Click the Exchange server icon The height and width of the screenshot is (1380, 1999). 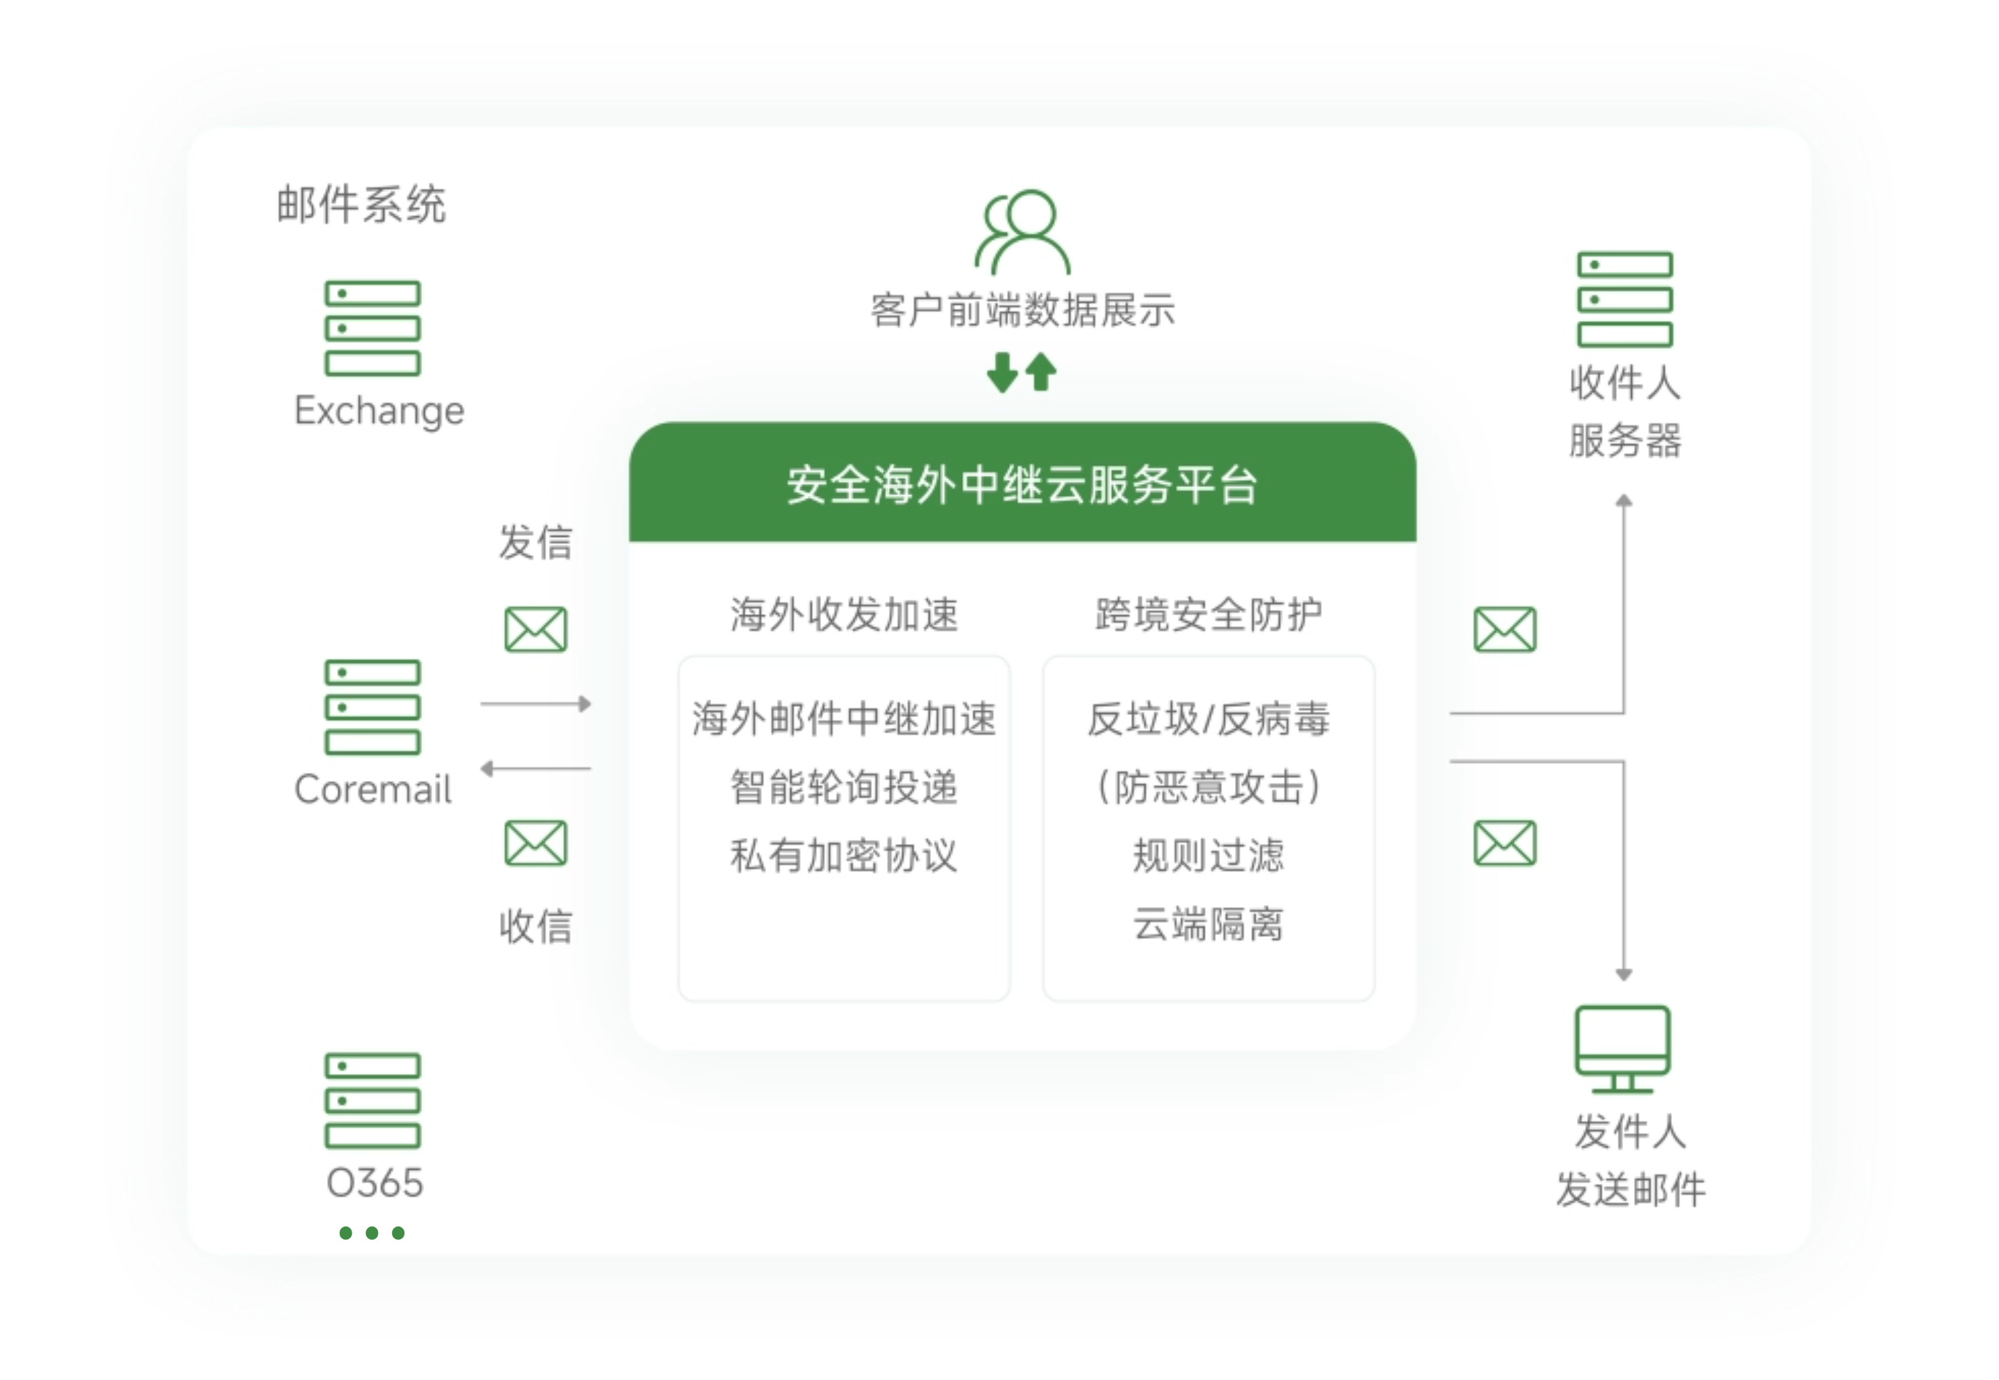coord(372,328)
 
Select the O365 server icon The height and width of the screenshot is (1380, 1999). coord(372,1100)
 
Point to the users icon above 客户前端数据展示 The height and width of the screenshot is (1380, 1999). coord(1022,232)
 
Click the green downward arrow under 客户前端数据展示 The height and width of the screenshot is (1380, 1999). coord(1002,372)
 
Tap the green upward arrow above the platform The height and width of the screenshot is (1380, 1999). coord(1041,372)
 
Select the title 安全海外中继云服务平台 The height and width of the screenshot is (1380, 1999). coord(1022,484)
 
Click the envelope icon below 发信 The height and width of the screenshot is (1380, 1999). coord(535,630)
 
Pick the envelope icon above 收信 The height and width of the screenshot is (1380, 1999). coord(535,843)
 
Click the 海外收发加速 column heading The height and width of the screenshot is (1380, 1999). coord(844,615)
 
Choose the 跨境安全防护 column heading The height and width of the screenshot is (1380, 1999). coord(1208,615)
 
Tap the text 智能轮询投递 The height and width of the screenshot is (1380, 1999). coord(844,787)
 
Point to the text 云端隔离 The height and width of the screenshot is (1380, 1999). coord(1208,924)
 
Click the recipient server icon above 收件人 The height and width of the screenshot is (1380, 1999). coord(1624,299)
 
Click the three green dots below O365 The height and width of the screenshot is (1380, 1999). coord(372,1233)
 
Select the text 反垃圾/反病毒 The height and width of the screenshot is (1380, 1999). coord(1208,718)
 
